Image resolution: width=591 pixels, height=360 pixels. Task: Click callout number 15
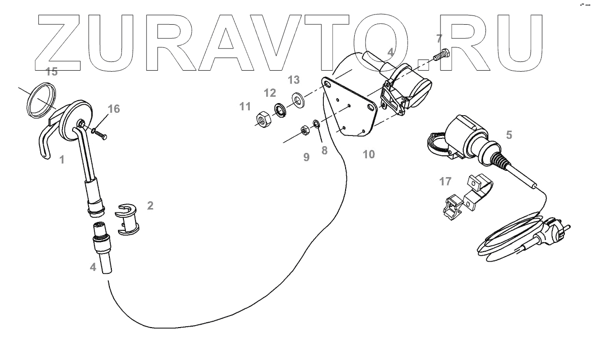(51, 72)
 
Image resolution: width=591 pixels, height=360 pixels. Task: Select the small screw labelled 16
(100, 134)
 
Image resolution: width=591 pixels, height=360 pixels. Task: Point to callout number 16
(113, 109)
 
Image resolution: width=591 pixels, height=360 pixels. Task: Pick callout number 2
(150, 206)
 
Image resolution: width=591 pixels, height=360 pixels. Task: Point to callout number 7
(439, 39)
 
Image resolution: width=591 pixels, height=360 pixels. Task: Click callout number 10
(368, 154)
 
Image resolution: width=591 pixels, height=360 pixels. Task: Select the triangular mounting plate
(351, 108)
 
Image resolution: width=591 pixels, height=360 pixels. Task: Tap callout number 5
(509, 135)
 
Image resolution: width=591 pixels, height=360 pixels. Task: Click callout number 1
(61, 159)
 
